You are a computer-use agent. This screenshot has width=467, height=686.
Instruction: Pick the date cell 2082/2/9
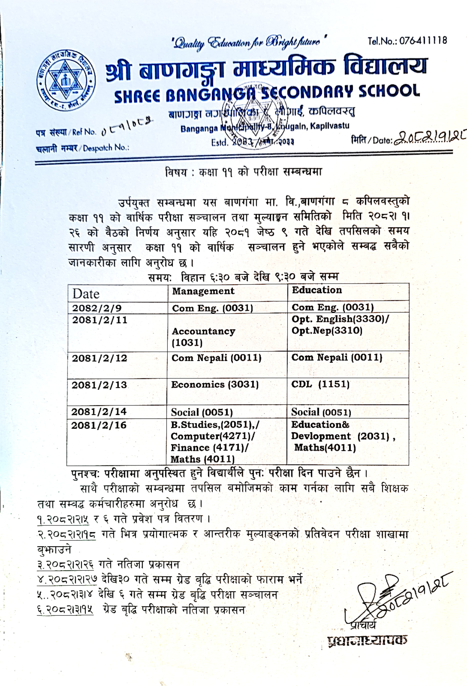[97, 308]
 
